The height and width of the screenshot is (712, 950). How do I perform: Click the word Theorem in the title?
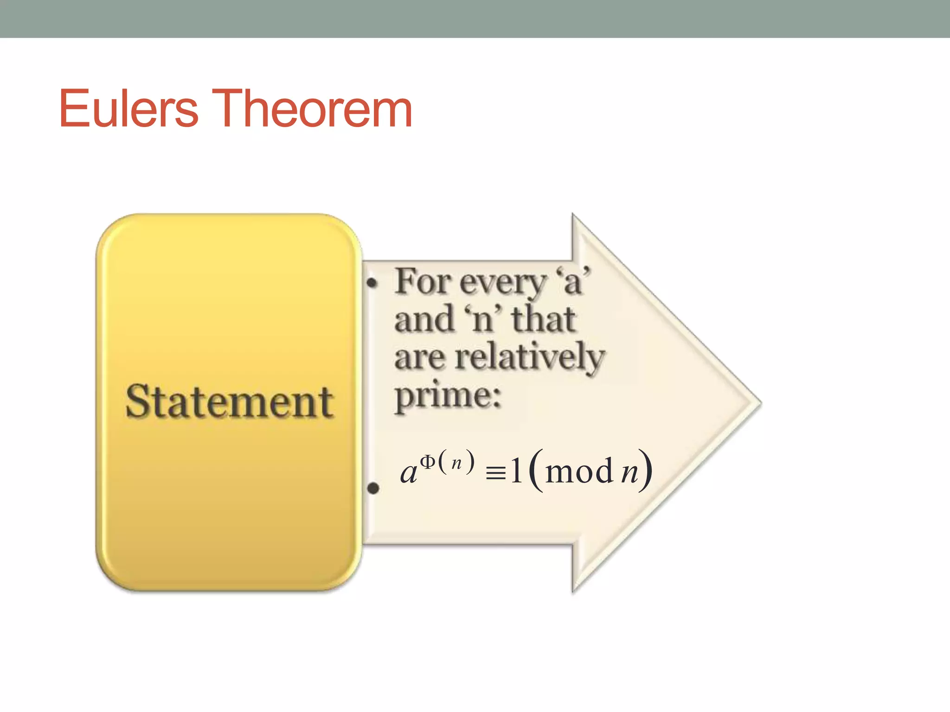tap(312, 109)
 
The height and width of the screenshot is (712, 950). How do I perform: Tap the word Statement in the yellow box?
tap(229, 402)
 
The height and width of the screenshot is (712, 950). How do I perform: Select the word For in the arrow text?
tap(423, 281)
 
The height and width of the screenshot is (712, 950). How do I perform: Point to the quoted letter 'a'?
tap(573, 281)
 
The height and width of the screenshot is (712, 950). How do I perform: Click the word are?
tap(420, 358)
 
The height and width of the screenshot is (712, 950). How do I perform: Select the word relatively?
tap(530, 358)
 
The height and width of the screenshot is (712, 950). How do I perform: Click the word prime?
tap(448, 397)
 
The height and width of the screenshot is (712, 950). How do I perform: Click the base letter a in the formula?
tap(409, 473)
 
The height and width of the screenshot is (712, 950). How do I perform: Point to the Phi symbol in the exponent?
tap(428, 462)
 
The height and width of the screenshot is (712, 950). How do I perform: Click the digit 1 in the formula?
tap(516, 471)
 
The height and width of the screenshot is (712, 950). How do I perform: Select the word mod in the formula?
tap(579, 471)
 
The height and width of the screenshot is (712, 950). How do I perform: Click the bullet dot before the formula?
tap(373, 488)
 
